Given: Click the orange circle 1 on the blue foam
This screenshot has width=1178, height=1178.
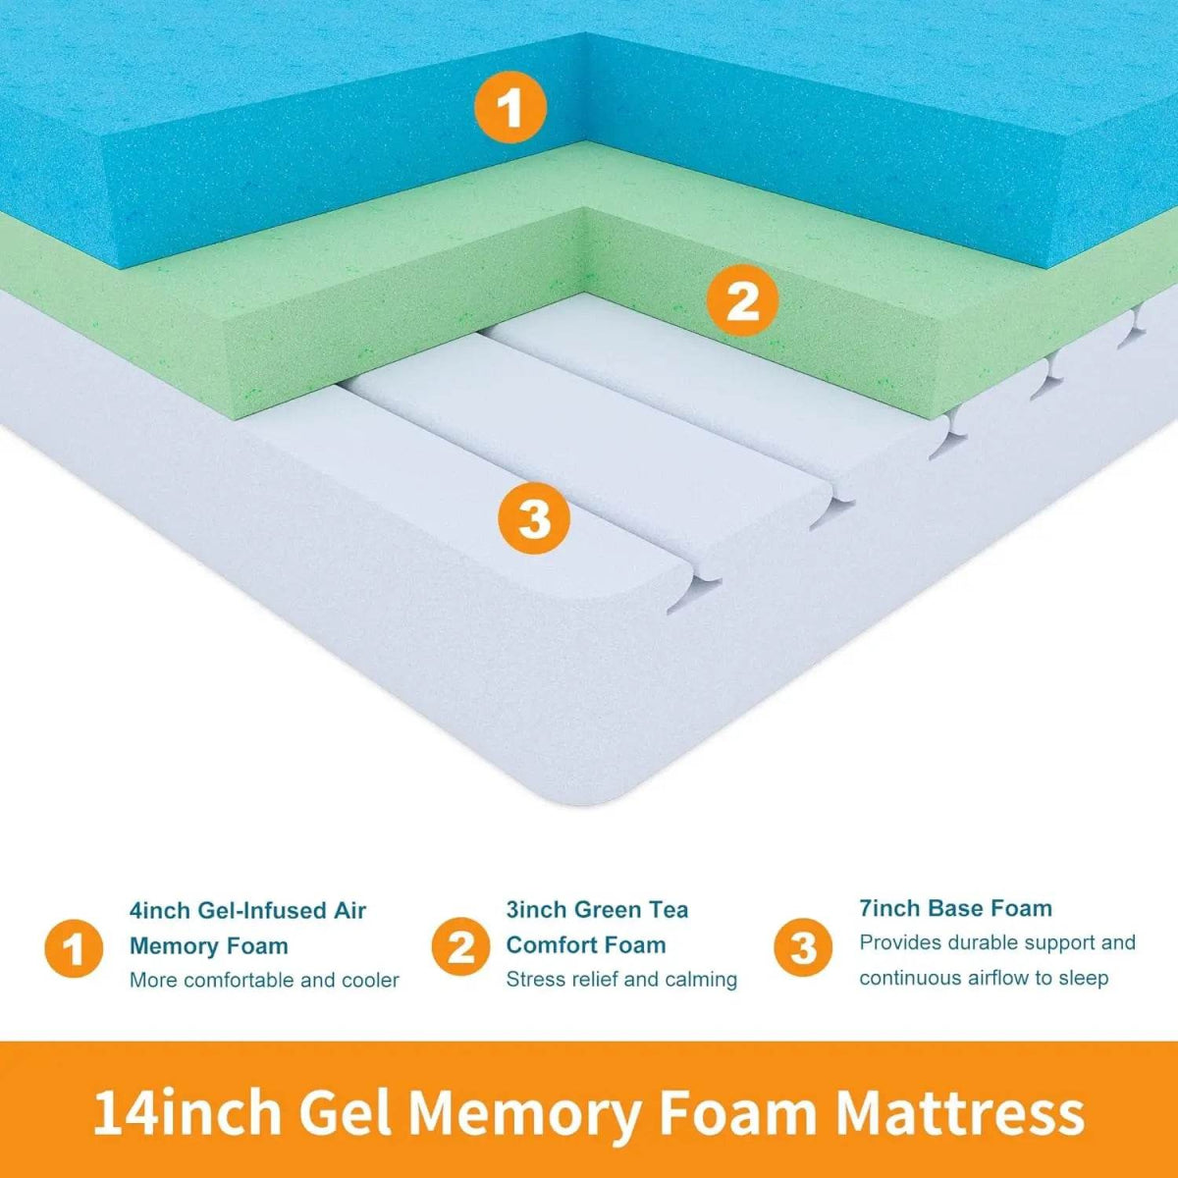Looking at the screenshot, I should click(x=510, y=108).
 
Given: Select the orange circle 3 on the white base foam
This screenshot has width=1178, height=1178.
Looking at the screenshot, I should click(x=534, y=517).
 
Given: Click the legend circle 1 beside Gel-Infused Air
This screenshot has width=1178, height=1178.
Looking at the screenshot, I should click(x=74, y=949).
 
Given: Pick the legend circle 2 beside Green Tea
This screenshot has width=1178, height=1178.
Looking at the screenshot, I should click(x=461, y=946).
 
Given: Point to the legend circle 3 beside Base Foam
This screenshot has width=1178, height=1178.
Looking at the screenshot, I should click(x=803, y=947).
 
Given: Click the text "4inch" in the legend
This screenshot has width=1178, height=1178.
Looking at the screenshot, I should click(x=160, y=911).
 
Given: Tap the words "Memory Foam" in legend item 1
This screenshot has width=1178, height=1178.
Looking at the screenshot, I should click(x=209, y=946).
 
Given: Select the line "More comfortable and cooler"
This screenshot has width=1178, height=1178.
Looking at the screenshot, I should click(x=264, y=980).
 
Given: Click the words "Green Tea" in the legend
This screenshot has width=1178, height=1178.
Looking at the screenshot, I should click(x=630, y=910).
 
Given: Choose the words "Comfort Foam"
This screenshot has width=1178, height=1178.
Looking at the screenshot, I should click(x=586, y=945).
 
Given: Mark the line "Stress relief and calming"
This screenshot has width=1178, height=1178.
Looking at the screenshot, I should click(x=621, y=979).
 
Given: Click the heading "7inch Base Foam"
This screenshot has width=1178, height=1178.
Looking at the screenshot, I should click(x=955, y=908).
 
